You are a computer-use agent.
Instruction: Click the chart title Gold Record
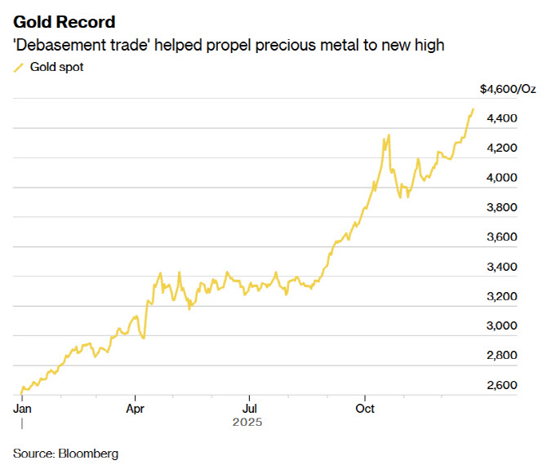(x=64, y=22)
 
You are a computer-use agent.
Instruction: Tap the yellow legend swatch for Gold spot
(x=19, y=68)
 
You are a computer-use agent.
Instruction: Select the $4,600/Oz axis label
(x=507, y=89)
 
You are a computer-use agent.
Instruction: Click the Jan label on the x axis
(x=22, y=408)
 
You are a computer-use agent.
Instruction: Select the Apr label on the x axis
(x=136, y=408)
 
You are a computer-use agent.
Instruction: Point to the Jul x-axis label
(x=251, y=408)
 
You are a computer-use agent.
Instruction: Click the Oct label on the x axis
(x=366, y=408)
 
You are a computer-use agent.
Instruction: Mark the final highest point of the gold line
(x=473, y=109)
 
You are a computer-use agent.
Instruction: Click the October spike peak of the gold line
(x=389, y=135)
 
